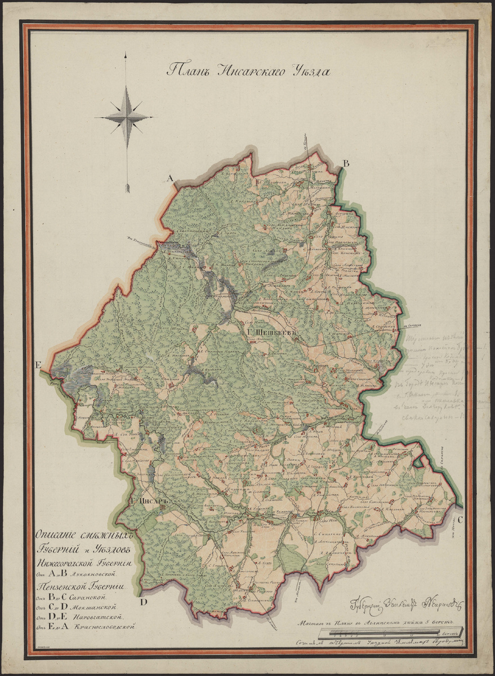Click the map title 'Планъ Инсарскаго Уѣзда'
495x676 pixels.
(x=248, y=70)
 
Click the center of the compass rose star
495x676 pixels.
(x=125, y=117)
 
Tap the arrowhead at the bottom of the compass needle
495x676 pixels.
(x=127, y=186)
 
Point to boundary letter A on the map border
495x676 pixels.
(x=168, y=178)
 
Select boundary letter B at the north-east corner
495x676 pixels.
(x=346, y=164)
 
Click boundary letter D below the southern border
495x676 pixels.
(x=144, y=602)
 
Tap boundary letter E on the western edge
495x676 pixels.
(x=38, y=366)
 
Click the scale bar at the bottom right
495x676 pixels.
(x=389, y=634)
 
